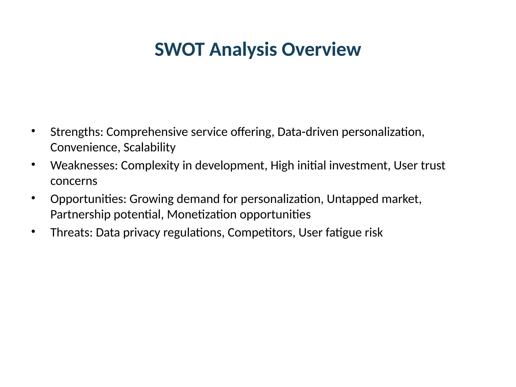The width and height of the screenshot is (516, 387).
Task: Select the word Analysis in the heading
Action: click(x=243, y=49)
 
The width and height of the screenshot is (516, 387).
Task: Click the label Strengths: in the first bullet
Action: click(x=77, y=132)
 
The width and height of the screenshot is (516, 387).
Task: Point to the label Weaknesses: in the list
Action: click(x=84, y=166)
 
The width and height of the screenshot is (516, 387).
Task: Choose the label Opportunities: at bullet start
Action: click(x=88, y=199)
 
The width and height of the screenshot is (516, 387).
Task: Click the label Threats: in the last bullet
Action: click(x=72, y=232)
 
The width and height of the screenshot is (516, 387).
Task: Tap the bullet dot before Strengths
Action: click(x=33, y=131)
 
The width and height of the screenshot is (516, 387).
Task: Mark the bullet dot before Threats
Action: click(x=33, y=231)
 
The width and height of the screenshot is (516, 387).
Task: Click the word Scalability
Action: click(x=149, y=147)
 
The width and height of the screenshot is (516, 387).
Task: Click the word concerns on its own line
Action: click(x=74, y=181)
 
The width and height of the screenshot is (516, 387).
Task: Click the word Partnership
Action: click(x=80, y=215)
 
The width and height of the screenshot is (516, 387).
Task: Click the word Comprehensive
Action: click(x=147, y=132)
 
